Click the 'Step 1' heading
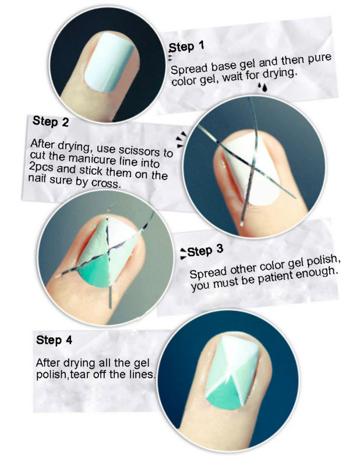pos(186,47)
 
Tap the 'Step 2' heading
pos(51,121)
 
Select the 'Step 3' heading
pos(205,250)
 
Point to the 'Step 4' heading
pos(54,340)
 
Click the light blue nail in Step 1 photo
pos(108,62)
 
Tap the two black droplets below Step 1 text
pos(262,86)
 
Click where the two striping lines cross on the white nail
pos(253,164)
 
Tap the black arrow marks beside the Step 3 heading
pos(183,253)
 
